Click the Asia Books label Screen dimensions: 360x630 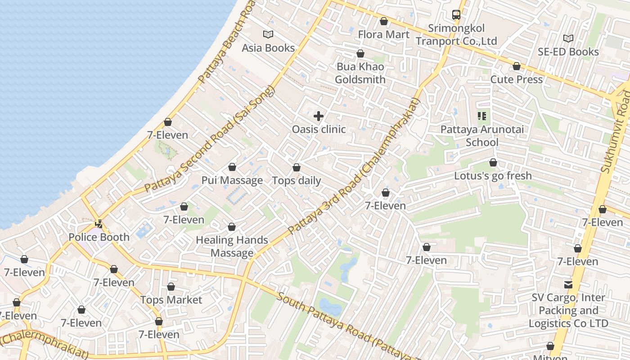pos(268,48)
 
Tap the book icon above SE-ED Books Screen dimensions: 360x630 pos(568,38)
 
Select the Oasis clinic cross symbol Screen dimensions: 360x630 pos(319,116)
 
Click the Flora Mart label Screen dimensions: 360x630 pos(383,34)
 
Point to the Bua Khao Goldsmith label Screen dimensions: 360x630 pos(360,73)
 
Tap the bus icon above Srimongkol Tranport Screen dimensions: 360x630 pos(456,14)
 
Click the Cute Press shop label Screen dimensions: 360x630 pos(516,79)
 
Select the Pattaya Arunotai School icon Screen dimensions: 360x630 pos(482,117)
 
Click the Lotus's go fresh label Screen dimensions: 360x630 pos(493,175)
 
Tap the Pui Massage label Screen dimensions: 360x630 pos(232,180)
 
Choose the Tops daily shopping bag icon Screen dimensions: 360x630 pos(297,168)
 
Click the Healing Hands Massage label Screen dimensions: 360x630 pos(232,246)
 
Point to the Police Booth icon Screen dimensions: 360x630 pos(99,224)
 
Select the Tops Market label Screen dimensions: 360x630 pos(171,300)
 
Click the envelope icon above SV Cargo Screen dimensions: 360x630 pos(568,284)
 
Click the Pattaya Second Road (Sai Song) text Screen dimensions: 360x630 pos(210,139)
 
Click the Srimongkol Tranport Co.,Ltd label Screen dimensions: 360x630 pos(456,35)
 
